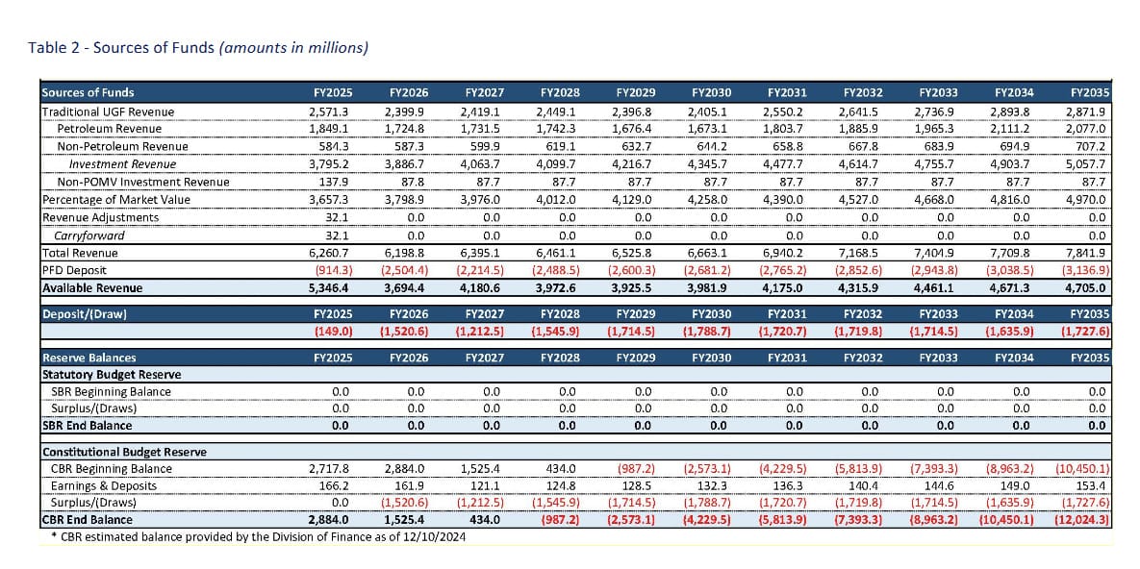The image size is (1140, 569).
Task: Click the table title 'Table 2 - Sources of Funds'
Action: [198, 47]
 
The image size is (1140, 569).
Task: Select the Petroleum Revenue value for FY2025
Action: [331, 129]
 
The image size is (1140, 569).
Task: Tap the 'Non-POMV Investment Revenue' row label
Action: [143, 182]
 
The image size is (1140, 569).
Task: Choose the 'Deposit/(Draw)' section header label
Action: [85, 314]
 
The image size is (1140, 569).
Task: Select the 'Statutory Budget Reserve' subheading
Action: [112, 374]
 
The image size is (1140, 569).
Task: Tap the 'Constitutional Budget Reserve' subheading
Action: [123, 452]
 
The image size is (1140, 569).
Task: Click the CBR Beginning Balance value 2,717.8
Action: [331, 469]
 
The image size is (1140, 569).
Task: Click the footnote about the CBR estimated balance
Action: [259, 536]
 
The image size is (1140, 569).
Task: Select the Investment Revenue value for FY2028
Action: [559, 164]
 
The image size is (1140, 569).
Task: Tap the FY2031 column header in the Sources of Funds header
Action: [787, 93]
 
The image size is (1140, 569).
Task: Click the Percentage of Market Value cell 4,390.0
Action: [786, 200]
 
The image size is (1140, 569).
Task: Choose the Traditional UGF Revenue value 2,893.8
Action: [1013, 111]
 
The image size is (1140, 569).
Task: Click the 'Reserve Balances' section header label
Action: [89, 358]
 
